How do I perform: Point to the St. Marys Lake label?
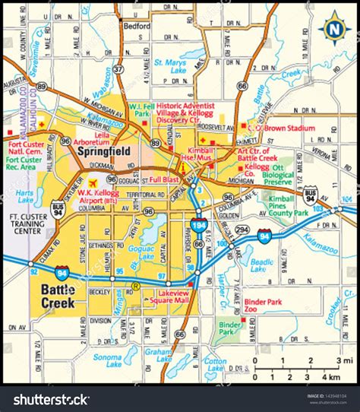point(170,66)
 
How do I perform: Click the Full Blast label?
point(164,179)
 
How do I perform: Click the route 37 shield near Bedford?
point(118,68)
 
